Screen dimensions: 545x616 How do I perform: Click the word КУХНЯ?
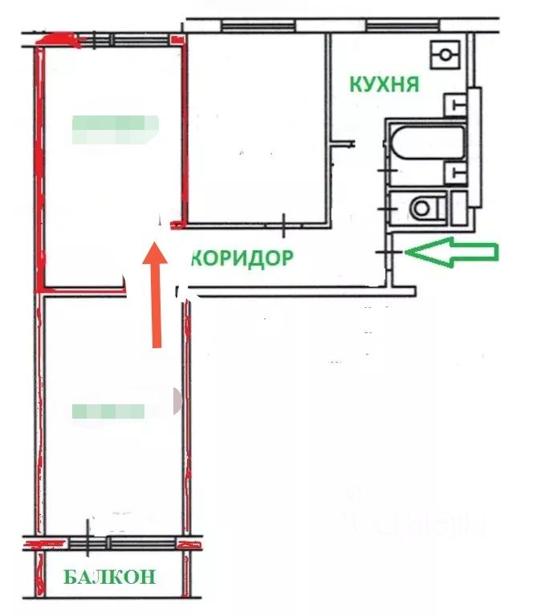click(x=384, y=84)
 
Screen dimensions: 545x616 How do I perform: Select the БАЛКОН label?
click(x=106, y=576)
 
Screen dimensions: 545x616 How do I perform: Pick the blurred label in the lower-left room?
click(x=109, y=411)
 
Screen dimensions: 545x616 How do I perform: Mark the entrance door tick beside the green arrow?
click(x=388, y=253)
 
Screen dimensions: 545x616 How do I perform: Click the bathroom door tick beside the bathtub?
click(x=388, y=170)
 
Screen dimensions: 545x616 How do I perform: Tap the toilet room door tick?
click(x=388, y=209)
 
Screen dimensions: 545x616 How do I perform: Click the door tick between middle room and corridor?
click(x=285, y=225)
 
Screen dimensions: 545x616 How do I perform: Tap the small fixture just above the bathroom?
click(x=455, y=103)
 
